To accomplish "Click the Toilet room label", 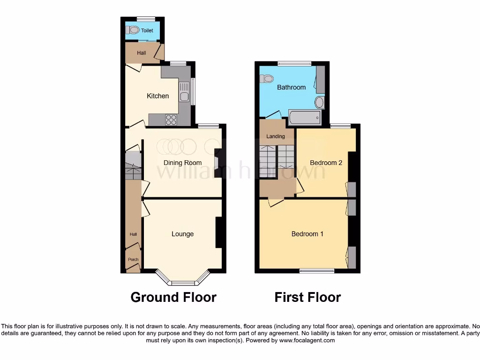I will point(147,30).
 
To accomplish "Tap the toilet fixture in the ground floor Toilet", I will point(133,30).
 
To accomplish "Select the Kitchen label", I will point(158,96).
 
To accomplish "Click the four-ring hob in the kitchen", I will point(171,120).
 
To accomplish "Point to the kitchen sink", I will point(184,92).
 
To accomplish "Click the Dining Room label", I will point(182,163).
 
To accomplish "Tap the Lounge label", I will point(182,234).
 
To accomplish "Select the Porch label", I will point(133,259).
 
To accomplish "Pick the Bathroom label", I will point(291,87).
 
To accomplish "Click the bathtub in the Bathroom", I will point(305,118).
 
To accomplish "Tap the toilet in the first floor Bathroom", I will point(267,79).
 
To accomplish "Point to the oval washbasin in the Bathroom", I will point(319,102).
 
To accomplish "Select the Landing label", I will point(276,136).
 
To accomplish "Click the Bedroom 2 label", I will point(326,163).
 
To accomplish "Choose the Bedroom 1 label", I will point(307,234).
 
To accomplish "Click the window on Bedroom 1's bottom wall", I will point(317,270).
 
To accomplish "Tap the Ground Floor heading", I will point(173,297).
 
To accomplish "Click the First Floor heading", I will point(307,297).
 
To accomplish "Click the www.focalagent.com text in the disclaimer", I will point(307,340).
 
